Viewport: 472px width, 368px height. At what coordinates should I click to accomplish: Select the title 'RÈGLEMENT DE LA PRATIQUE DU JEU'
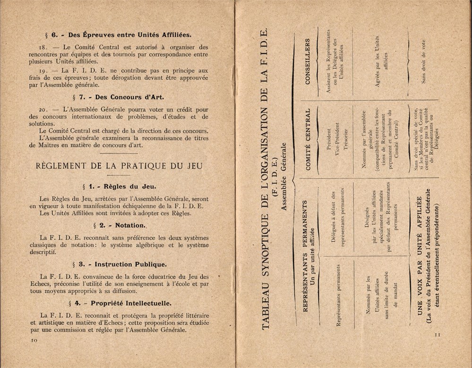point(119,166)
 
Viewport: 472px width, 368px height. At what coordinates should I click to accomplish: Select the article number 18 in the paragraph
point(44,47)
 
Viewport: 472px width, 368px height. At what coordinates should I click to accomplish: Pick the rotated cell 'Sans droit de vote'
point(424,61)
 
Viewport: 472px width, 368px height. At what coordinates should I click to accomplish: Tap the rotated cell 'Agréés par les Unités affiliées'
point(381,61)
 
